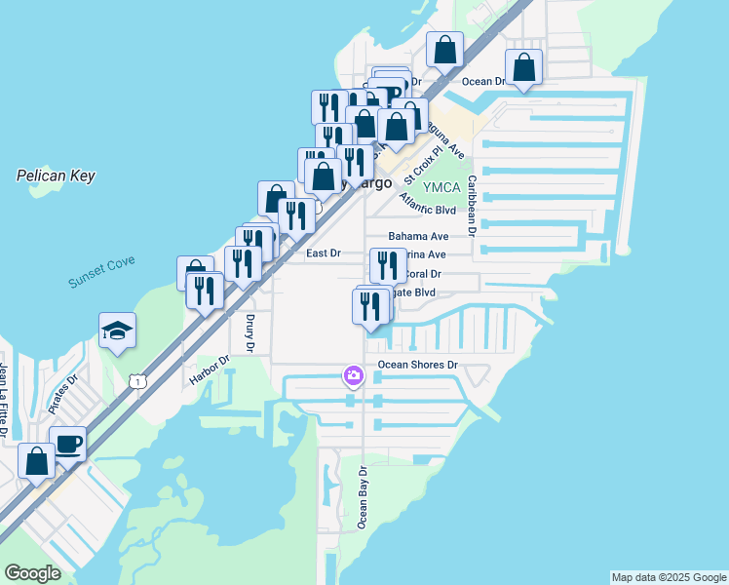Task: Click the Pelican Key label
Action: pos(56,175)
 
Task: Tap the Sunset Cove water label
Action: pos(101,272)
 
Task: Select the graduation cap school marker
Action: pos(117,331)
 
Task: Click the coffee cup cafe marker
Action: pos(67,444)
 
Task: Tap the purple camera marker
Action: pos(353,375)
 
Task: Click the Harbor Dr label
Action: pos(210,369)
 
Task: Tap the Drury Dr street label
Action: pos(249,332)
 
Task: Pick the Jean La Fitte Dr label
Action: pos(4,401)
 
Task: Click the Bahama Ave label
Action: pos(418,236)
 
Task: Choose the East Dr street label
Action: pos(323,253)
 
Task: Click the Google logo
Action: pos(33,573)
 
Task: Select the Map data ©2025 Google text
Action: pos(668,577)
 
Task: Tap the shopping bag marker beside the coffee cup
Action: pos(37,461)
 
